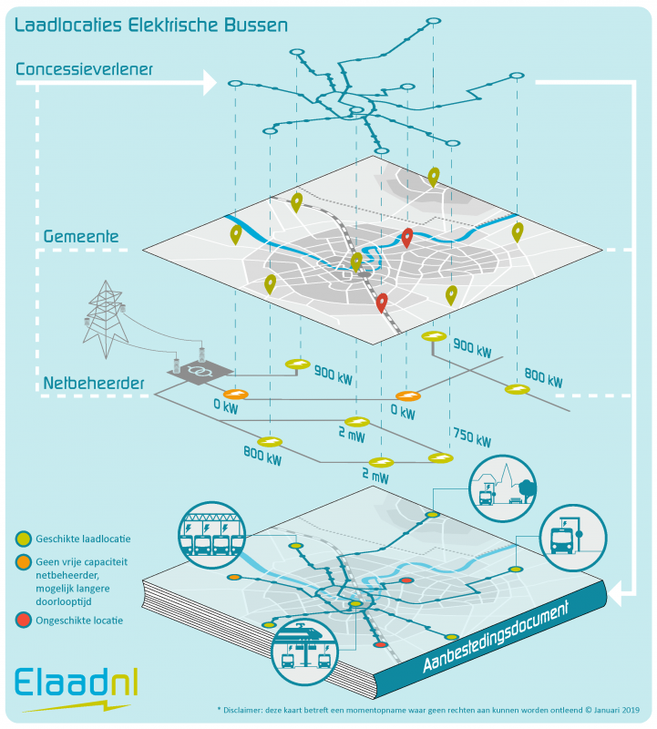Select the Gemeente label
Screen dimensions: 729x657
pos(82,237)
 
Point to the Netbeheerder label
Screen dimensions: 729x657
pos(95,384)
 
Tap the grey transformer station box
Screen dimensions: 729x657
pos(200,371)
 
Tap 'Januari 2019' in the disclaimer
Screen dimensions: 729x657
pos(608,709)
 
